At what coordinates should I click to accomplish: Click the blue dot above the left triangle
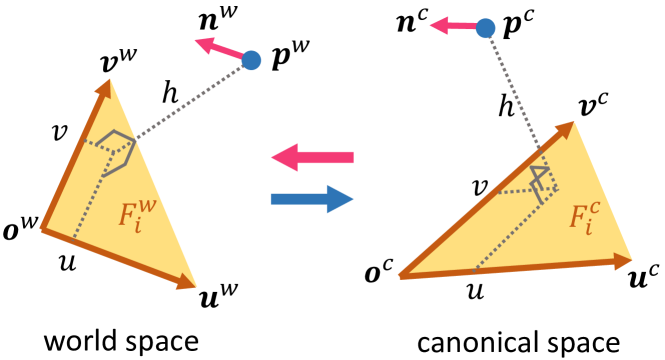(x=251, y=60)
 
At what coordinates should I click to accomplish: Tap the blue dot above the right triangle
(x=485, y=28)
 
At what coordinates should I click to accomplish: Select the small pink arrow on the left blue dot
(x=216, y=47)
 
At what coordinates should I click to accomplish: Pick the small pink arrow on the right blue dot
(x=451, y=25)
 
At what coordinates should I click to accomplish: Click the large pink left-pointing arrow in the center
(x=311, y=157)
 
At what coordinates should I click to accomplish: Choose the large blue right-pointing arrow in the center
(x=312, y=198)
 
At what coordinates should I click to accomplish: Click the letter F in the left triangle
(x=128, y=215)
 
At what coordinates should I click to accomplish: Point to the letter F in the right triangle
(x=578, y=217)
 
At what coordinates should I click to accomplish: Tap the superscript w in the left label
(x=147, y=205)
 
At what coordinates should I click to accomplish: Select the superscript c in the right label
(x=595, y=207)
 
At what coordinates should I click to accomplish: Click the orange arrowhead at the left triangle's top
(x=105, y=88)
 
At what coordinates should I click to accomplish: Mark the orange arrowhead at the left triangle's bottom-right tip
(x=186, y=282)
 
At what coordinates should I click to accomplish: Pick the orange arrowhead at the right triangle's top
(x=565, y=129)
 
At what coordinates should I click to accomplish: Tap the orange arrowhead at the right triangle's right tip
(x=622, y=261)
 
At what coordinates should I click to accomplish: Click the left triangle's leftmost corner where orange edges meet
(x=42, y=228)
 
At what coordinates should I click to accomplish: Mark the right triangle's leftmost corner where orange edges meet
(x=401, y=275)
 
